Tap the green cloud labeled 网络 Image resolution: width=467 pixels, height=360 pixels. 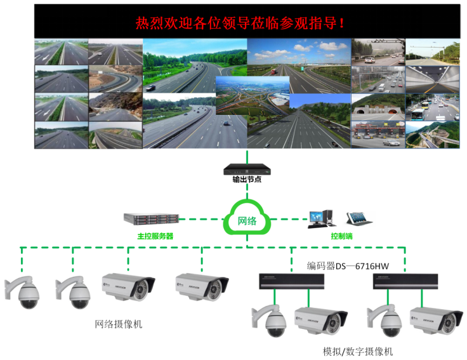247,221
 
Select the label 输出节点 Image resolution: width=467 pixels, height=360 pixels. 247,180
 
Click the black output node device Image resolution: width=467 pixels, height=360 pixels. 247,170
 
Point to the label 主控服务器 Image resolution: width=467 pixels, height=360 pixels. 155,236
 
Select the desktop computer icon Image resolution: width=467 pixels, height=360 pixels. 320,218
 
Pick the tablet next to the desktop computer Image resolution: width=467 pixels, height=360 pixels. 358,218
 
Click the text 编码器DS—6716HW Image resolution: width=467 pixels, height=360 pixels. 348,265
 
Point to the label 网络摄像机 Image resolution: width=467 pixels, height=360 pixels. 119,324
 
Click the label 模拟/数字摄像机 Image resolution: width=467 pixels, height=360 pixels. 357,351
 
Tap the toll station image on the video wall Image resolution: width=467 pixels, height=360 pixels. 378,135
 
